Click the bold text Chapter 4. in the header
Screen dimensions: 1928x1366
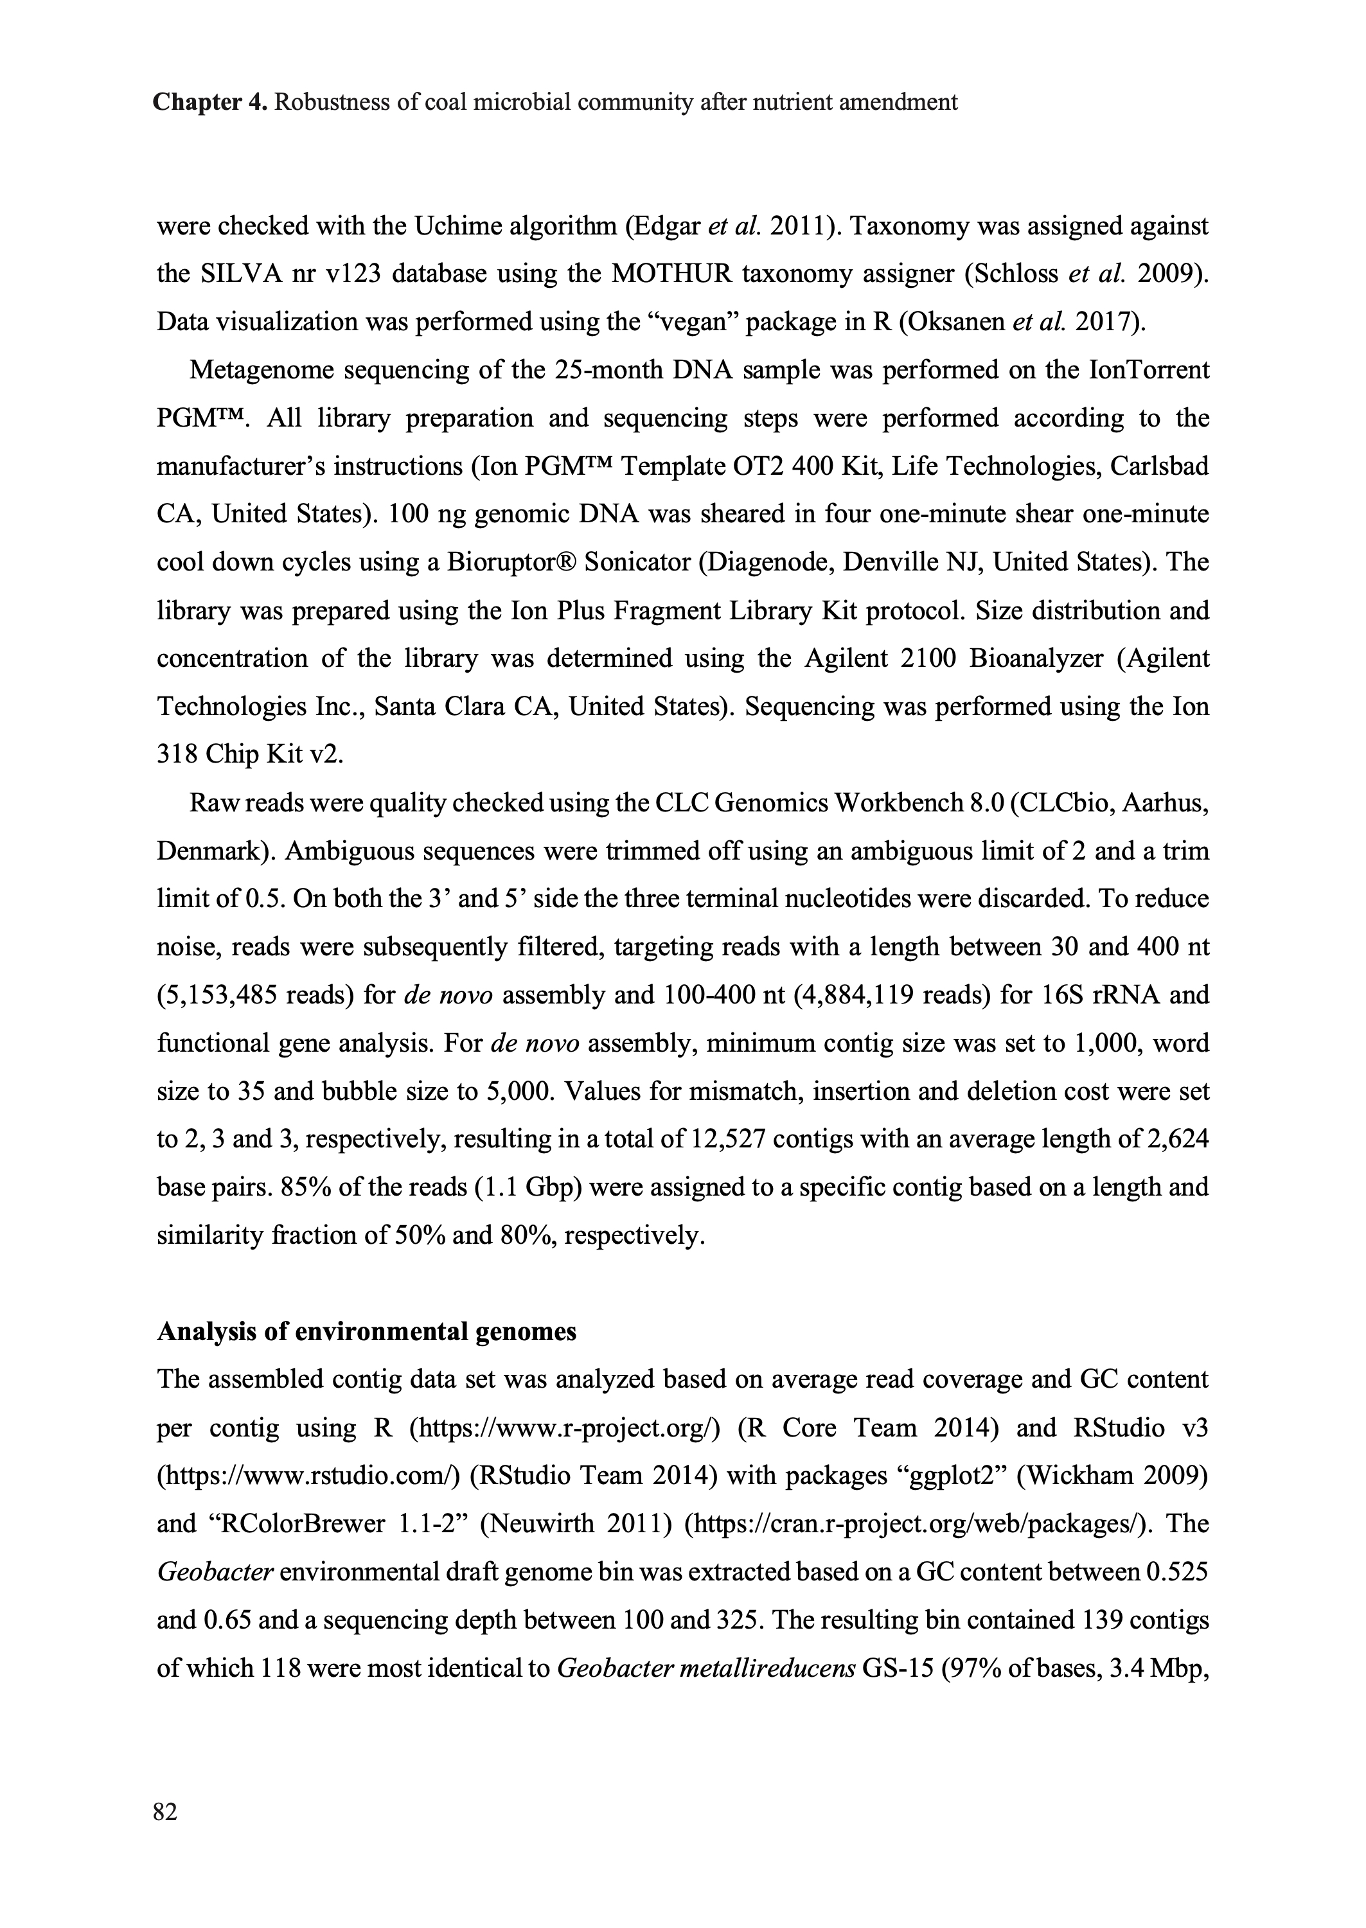click(210, 103)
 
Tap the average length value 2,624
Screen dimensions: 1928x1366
click(1178, 1139)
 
